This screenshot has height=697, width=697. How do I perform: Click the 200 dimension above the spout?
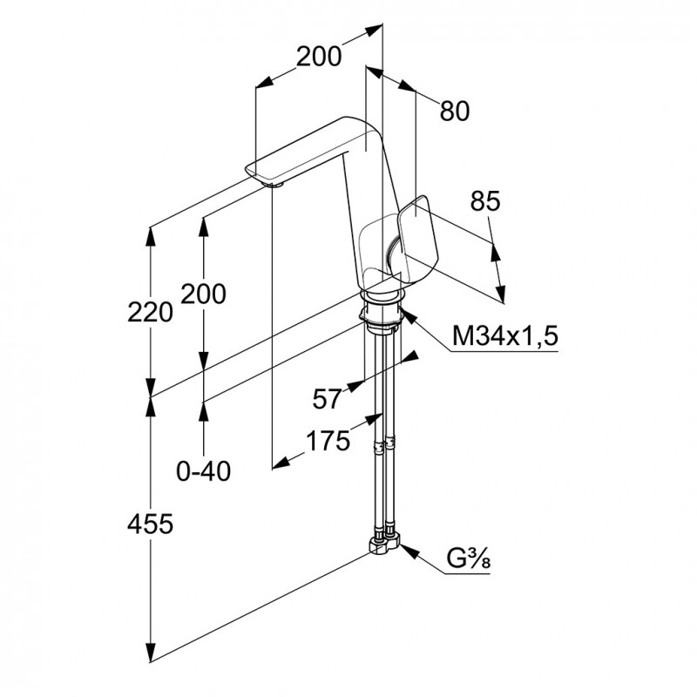318,57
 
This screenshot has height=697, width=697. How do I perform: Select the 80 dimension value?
455,111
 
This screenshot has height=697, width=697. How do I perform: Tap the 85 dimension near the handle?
485,202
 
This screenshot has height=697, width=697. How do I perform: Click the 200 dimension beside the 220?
203,294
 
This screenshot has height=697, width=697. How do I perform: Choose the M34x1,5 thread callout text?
504,336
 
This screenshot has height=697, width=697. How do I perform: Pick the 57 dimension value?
327,399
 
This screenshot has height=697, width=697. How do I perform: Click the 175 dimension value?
328,440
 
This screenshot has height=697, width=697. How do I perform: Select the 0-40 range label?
203,471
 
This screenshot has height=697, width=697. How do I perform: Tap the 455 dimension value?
151,524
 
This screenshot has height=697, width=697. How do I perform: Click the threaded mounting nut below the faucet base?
382,319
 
